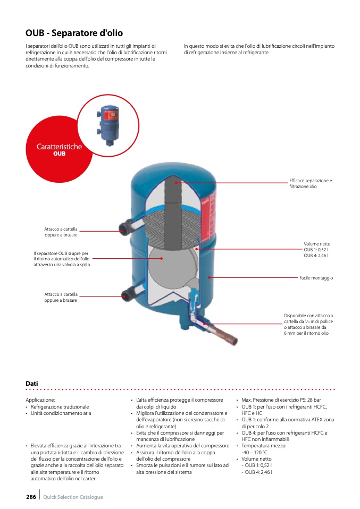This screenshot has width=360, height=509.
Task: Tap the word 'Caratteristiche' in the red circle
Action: click(x=59, y=147)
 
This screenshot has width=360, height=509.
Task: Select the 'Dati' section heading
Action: click(x=31, y=383)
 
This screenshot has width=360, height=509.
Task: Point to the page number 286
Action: click(x=31, y=497)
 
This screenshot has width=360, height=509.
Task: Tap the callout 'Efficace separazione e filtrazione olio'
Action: click(x=310, y=183)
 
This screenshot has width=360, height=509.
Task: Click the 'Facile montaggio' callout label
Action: click(x=316, y=278)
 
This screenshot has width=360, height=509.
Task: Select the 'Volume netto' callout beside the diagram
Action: click(x=316, y=250)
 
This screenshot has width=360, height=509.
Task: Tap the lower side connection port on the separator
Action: click(x=127, y=295)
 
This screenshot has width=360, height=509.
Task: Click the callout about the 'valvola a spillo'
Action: click(x=61, y=259)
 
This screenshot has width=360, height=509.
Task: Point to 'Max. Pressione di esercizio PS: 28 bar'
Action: click(x=281, y=400)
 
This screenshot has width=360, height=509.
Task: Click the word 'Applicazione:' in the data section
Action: click(x=40, y=400)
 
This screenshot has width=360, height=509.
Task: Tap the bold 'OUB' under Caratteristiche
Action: click(x=59, y=154)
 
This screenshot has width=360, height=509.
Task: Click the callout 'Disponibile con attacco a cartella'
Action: click(x=308, y=324)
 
